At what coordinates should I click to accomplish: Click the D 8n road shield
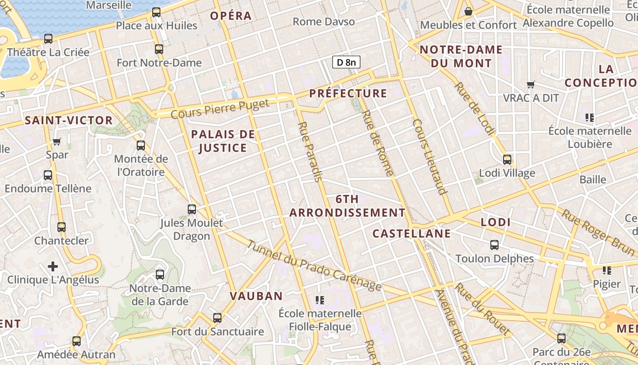pos(346,62)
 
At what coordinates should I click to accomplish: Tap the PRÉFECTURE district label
pos(348,94)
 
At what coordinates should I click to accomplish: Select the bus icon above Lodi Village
pos(507,160)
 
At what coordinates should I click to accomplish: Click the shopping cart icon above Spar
pos(57,141)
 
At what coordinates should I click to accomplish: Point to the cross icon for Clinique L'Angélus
pos(53,266)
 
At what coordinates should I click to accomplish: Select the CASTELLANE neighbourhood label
pos(412,234)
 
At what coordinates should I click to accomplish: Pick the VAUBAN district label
pos(256,296)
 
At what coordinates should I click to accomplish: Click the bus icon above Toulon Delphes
pos(494,245)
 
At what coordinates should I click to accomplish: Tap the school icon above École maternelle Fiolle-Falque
pos(320,300)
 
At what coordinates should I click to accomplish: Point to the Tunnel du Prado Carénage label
pos(314,266)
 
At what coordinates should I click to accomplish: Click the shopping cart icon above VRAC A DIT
pos(530,84)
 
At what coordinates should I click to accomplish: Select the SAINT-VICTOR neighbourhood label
pos(69,120)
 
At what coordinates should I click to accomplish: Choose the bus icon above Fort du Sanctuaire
pos(217,318)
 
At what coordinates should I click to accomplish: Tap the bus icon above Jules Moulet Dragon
pos(192,209)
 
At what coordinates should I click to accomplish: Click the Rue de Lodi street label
pos(474,109)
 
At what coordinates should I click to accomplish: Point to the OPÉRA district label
pos(231,16)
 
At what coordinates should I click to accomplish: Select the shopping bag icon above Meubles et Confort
pos(468,11)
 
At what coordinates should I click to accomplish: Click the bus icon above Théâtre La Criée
pos(48,39)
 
